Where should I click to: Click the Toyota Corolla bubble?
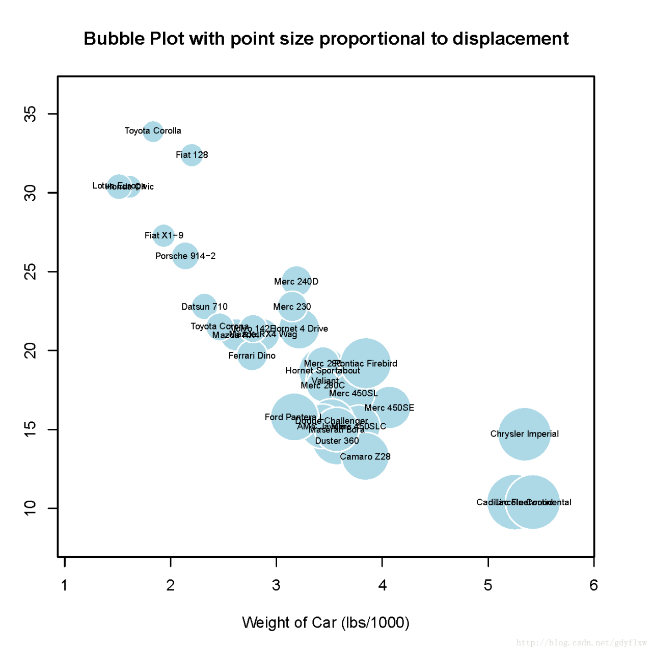click(153, 131)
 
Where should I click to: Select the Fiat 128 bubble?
click(192, 155)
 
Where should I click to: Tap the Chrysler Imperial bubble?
click(525, 434)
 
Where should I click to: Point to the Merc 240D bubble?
click(296, 281)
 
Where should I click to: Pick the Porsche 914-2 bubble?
click(185, 256)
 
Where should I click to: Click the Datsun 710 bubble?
click(204, 306)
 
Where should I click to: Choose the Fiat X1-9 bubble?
click(164, 235)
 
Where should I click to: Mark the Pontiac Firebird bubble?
click(366, 363)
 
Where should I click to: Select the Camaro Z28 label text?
click(365, 457)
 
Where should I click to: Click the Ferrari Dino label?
click(252, 356)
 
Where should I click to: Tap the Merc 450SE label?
click(389, 407)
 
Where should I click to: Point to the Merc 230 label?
click(292, 307)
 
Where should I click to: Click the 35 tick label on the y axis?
click(31, 114)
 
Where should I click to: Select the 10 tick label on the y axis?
click(31, 508)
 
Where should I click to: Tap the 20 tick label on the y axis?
click(31, 350)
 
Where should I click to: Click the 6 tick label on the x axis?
click(593, 585)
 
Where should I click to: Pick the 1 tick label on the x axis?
click(65, 585)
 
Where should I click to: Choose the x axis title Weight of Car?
click(325, 622)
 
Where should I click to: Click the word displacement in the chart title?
click(510, 39)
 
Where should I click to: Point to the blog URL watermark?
click(581, 643)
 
